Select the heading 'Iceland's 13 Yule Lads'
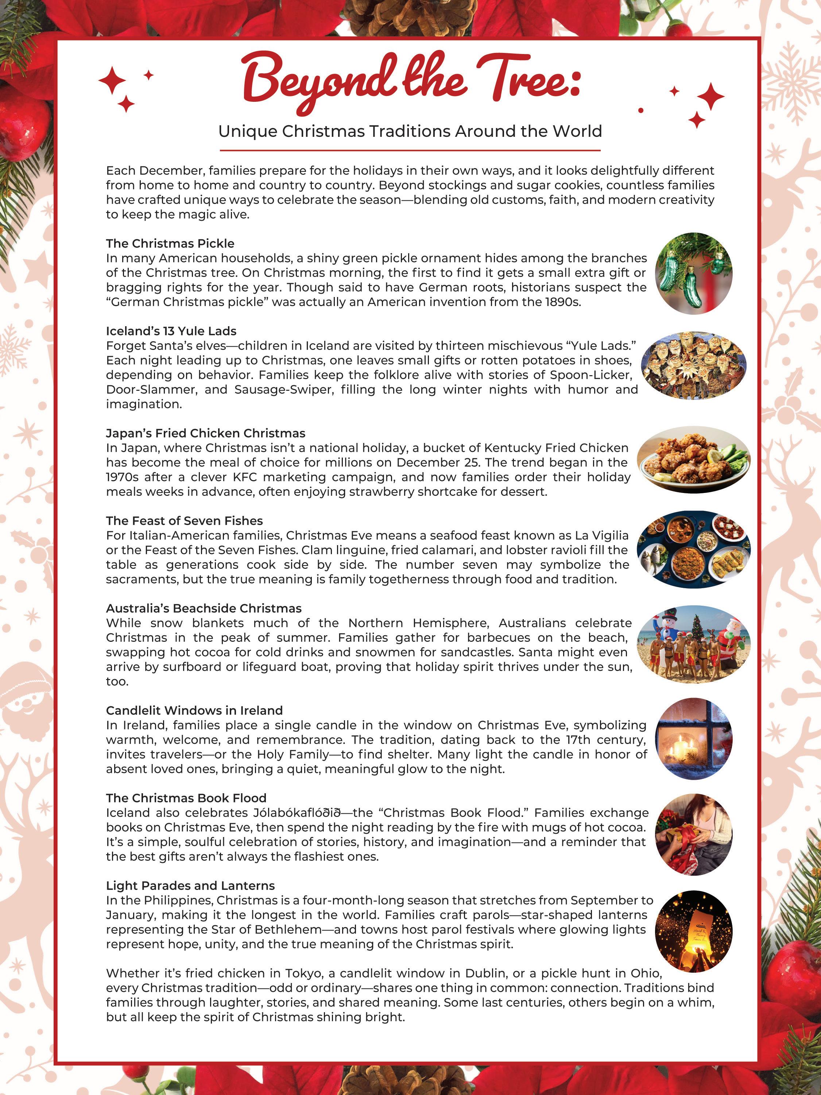171,331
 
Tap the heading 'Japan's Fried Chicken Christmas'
205,433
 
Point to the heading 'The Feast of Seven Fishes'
184,521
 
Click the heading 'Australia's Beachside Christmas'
204,608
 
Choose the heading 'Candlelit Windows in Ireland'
194,710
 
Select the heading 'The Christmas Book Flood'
186,798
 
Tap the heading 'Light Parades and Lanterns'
190,886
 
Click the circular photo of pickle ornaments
693,273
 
